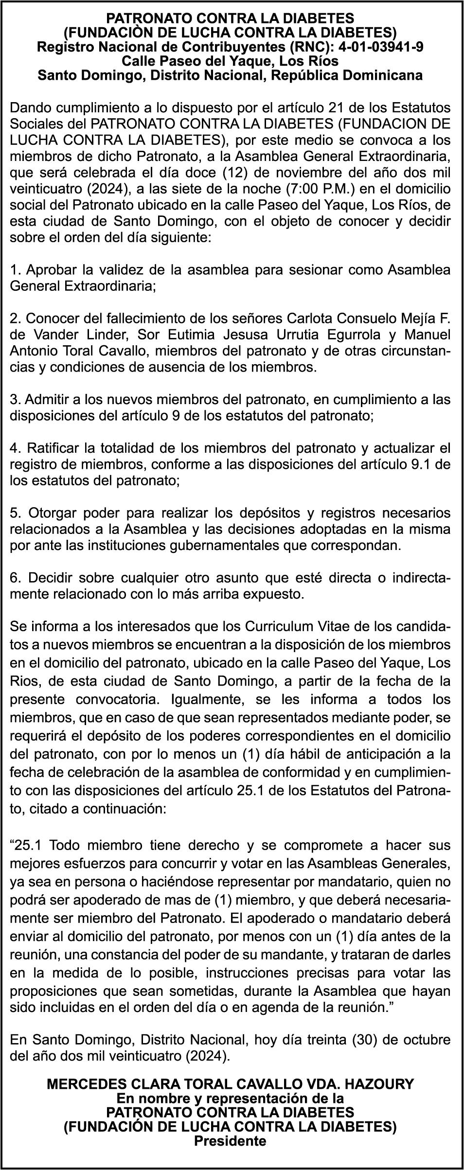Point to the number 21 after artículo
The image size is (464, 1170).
tap(339, 107)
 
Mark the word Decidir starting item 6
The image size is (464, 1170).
tap(52, 578)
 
